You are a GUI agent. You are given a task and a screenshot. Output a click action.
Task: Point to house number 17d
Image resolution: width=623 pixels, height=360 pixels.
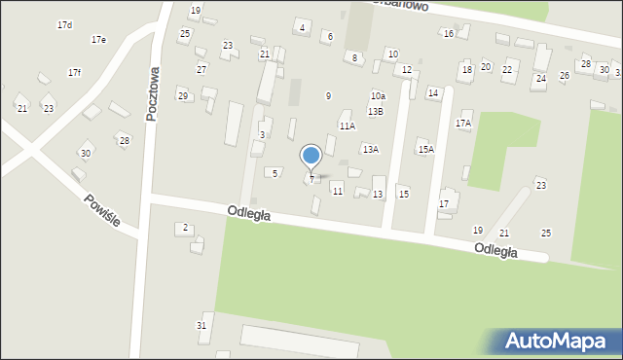[x=64, y=24]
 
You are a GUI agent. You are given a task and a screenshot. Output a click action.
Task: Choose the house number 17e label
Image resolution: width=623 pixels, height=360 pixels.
[x=98, y=40]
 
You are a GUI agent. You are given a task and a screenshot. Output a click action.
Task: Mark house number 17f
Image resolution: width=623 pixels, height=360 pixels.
[x=74, y=73]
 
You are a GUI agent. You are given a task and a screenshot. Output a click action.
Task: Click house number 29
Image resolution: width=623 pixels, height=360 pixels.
[x=182, y=95]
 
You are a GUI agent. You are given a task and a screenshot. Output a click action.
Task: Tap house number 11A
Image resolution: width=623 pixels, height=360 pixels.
[x=347, y=126]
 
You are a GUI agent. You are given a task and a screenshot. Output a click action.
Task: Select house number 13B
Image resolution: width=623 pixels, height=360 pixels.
[x=375, y=112]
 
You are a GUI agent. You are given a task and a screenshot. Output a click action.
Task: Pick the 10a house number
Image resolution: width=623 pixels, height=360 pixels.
[x=378, y=96]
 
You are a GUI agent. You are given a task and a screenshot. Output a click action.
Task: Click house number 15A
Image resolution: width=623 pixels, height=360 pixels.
[x=425, y=149]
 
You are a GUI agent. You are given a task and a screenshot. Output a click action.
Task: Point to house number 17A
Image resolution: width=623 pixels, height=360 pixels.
[x=462, y=124]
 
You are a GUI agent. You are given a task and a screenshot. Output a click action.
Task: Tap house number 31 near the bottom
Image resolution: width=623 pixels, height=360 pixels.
[x=202, y=325]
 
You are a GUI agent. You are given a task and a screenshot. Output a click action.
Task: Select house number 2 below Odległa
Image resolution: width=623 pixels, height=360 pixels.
[x=185, y=228]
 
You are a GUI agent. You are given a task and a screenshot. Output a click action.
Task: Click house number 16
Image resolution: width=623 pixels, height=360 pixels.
[x=448, y=34]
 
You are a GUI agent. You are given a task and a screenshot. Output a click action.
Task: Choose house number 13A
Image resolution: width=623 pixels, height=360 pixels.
[x=370, y=149]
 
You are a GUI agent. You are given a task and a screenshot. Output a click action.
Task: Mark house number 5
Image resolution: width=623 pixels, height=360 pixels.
[x=275, y=173]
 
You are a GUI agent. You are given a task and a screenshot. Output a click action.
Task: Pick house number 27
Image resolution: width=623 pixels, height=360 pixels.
[x=202, y=69]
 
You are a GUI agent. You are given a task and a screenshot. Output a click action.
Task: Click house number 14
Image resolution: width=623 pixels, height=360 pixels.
[x=433, y=92]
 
